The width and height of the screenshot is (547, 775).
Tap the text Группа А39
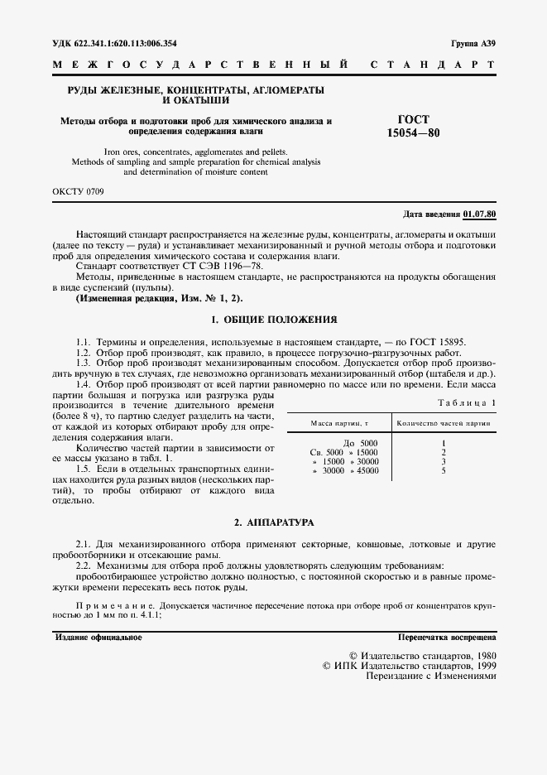tap(473, 43)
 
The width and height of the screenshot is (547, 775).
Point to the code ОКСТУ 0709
tap(78, 191)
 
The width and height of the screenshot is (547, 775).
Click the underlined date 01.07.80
tap(480, 214)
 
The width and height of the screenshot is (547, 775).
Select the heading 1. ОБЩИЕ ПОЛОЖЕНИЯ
tap(274, 320)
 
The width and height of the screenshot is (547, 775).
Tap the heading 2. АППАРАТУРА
tap(274, 523)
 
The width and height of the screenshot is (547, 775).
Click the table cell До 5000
tap(360, 443)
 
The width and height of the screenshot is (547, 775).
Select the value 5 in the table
tap(444, 470)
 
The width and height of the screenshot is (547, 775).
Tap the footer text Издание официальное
tap(98, 638)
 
